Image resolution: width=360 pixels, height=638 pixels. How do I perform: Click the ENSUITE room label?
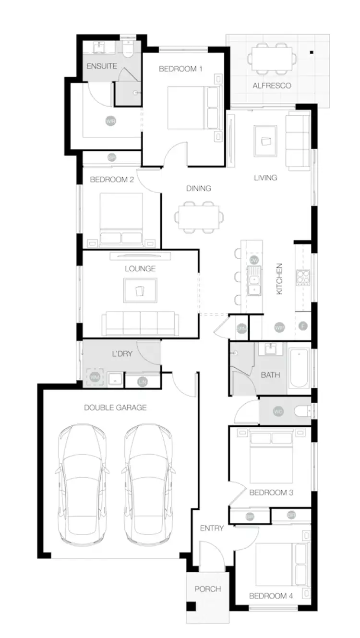102,66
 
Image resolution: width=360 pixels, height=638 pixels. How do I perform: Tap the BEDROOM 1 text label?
180,69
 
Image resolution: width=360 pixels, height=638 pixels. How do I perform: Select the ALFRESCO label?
272,86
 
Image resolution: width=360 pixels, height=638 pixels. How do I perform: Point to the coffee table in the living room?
265,141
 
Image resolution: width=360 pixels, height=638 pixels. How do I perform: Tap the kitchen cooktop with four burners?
303,277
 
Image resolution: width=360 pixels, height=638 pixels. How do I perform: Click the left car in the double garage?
81,485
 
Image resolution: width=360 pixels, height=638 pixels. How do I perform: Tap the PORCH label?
207,589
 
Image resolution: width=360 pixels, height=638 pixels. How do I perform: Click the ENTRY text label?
212,528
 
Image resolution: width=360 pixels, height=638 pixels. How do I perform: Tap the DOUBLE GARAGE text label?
115,408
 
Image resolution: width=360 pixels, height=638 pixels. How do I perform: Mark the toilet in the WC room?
301,411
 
